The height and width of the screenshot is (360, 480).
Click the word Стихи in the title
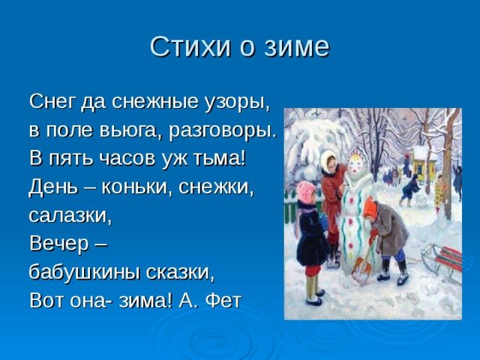click(x=190, y=46)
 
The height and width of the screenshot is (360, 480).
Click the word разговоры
click(x=223, y=131)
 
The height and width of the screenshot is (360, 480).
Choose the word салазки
click(x=70, y=216)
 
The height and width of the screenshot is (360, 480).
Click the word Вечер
click(x=59, y=244)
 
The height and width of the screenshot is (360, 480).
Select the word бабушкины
click(x=85, y=272)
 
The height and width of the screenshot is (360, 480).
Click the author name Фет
click(x=223, y=300)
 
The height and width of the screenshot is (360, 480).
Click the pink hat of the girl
click(x=305, y=191)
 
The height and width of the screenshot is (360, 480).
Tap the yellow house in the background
click(x=424, y=162)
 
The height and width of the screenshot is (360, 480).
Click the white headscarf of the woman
click(x=328, y=160)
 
